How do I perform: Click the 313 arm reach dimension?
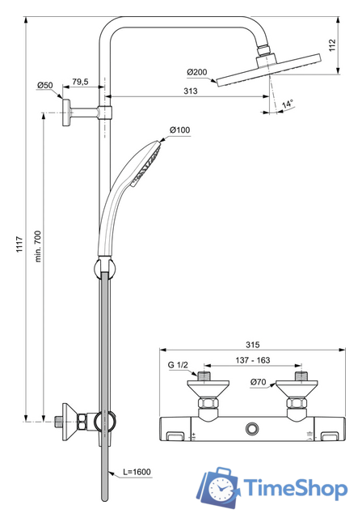tap(190, 92)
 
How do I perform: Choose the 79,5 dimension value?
tap(79, 81)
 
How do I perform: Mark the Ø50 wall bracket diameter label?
tap(44, 86)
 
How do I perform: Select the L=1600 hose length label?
tap(137, 471)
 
